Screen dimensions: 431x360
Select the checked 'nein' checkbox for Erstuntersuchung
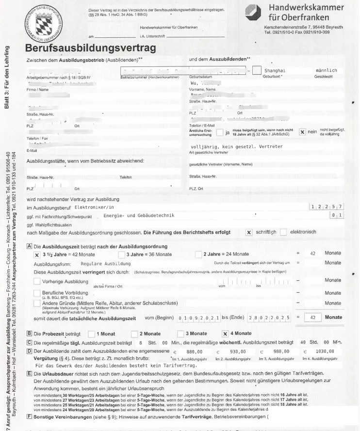303,132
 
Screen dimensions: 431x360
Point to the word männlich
326,70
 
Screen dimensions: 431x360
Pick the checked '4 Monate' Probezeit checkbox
225,334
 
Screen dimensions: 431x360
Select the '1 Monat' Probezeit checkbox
91,334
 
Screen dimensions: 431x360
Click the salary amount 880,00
194,351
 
